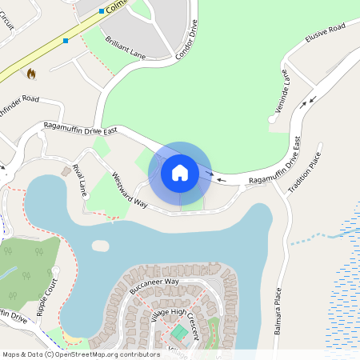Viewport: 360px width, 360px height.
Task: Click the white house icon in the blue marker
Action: coord(180,172)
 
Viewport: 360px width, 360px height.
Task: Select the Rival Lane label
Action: coord(79,180)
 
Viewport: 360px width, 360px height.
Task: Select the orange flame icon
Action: coord(31,74)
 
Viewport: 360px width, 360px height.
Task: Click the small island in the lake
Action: coord(100,246)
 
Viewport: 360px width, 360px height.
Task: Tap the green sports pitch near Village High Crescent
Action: coord(181,331)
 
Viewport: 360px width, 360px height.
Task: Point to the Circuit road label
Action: coord(8,25)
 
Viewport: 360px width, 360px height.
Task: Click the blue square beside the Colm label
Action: coord(102,11)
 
